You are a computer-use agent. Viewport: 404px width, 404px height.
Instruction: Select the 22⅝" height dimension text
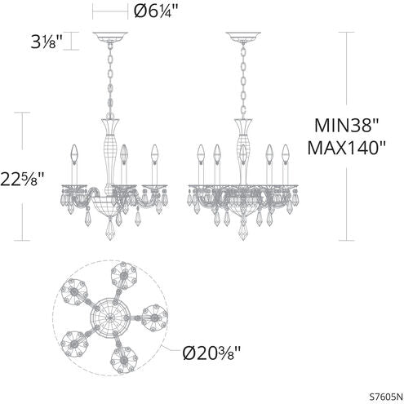[30, 177]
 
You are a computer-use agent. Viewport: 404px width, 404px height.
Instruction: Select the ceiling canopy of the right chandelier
[243, 37]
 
